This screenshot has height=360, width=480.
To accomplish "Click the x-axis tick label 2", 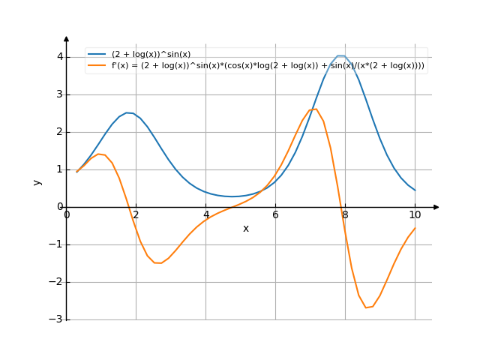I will click(x=136, y=215).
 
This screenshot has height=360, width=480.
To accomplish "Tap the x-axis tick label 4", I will click(x=205, y=215).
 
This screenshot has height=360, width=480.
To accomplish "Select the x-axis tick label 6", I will click(x=275, y=215).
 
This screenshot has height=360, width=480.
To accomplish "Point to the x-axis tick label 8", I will click(x=345, y=215).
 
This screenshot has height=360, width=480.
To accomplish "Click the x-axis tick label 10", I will click(x=415, y=215).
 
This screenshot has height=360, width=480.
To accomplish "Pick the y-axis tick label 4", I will click(x=58, y=57).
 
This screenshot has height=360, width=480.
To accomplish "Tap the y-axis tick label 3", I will click(x=58, y=94).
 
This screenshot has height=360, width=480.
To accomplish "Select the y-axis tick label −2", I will click(x=55, y=283).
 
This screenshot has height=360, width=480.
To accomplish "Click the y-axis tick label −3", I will click(x=55, y=320).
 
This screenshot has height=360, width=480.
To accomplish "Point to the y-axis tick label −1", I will click(x=55, y=245).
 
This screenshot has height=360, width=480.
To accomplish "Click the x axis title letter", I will click(x=246, y=228).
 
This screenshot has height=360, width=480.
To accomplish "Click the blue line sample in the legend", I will click(x=97, y=54).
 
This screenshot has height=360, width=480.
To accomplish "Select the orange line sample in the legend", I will click(x=97, y=65).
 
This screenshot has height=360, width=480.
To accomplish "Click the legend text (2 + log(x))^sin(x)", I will click(x=151, y=54).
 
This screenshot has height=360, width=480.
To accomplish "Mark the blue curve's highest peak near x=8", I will click(x=341, y=55).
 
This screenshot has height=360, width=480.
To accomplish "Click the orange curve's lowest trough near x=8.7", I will click(x=368, y=307).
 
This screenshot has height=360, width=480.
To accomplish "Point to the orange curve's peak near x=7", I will click(x=314, y=109).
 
